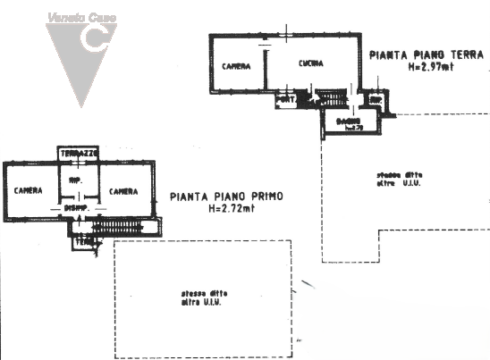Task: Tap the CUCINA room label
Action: tap(311, 63)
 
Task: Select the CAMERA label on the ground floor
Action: tap(237, 66)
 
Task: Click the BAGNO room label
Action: tap(348, 121)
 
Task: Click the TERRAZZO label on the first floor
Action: tap(79, 154)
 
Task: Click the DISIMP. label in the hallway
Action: tap(75, 208)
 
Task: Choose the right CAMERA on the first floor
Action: tap(123, 191)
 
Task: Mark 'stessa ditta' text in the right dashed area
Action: tap(394, 175)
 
